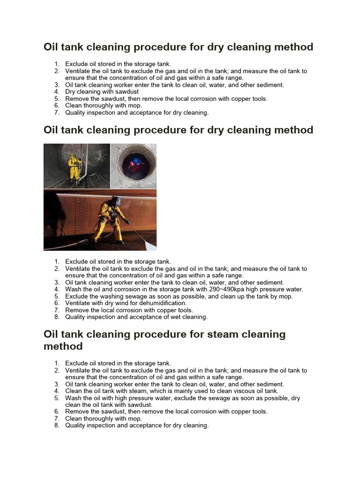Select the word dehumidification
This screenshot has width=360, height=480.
click(x=161, y=303)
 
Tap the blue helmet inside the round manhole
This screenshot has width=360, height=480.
click(x=135, y=161)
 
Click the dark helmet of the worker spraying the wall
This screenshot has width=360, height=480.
click(x=115, y=201)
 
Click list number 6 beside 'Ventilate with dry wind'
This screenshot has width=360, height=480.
click(x=57, y=303)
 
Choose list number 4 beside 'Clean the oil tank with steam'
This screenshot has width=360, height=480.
click(x=57, y=391)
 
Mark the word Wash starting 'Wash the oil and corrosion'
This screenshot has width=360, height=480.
click(x=73, y=290)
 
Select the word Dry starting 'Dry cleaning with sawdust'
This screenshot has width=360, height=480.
click(x=71, y=92)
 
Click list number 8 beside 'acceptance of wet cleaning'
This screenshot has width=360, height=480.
click(x=57, y=317)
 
